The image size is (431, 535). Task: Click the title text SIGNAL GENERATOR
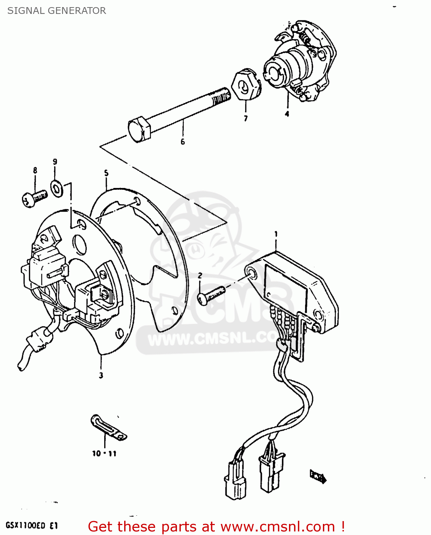tap(56, 11)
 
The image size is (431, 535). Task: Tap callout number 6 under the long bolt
tap(183, 142)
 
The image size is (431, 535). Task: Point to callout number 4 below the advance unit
tap(287, 114)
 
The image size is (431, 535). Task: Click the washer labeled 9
tap(56, 188)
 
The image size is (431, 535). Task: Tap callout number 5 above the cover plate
tap(106, 173)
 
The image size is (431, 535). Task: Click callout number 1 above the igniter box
tap(276, 234)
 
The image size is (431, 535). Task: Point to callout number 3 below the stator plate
tap(101, 375)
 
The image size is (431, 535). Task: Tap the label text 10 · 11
tap(104, 454)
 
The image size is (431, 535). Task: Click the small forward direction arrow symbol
tap(318, 477)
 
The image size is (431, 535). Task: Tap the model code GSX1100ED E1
tap(31, 526)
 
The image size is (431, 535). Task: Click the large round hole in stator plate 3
tap(79, 244)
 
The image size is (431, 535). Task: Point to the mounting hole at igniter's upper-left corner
tap(252, 274)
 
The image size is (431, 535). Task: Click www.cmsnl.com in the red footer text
tap(278, 527)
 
